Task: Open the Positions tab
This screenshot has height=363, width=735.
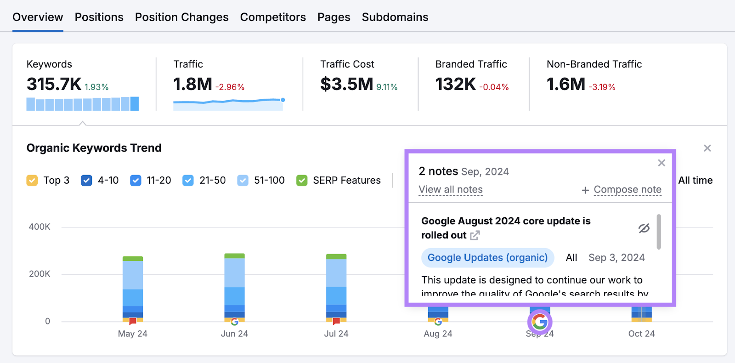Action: click(x=99, y=17)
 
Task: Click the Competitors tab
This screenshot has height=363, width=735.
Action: click(x=273, y=17)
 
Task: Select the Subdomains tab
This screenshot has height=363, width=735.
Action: click(x=395, y=17)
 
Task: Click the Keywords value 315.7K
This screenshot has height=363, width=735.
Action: click(x=54, y=84)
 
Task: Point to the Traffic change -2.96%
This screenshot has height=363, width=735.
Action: click(x=230, y=87)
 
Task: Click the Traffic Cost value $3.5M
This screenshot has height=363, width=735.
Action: click(x=347, y=84)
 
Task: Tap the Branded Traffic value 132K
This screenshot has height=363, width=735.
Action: click(x=455, y=84)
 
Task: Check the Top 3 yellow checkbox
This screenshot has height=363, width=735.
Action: click(x=32, y=181)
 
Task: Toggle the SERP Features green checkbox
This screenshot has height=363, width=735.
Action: click(x=302, y=181)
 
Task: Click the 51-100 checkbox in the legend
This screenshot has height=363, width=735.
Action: click(x=243, y=181)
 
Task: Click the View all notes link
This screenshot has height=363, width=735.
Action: click(x=450, y=190)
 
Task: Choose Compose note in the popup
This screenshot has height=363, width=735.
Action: click(x=627, y=190)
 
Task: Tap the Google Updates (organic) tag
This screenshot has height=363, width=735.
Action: click(x=487, y=258)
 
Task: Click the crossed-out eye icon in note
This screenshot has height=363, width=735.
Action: click(x=644, y=228)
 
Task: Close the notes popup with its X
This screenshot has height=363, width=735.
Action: click(x=661, y=163)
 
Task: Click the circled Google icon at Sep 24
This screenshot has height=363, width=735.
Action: click(x=540, y=322)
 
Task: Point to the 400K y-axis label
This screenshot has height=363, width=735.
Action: click(x=40, y=227)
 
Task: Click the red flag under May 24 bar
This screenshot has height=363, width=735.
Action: click(x=133, y=321)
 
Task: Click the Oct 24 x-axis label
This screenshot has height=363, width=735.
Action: click(x=641, y=334)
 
